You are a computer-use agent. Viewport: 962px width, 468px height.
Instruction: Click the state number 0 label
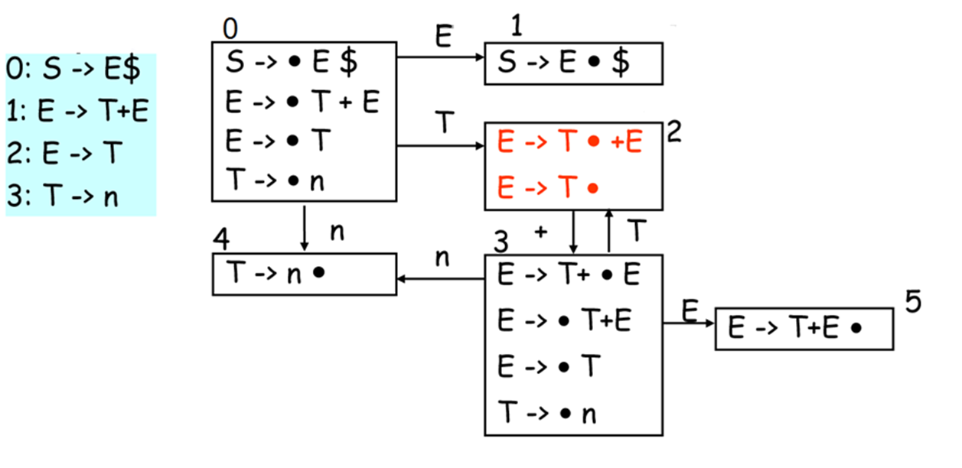point(230,28)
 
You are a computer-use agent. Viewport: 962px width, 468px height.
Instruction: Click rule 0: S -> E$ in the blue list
point(73,71)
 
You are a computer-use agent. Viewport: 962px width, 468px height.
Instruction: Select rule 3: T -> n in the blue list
point(64,197)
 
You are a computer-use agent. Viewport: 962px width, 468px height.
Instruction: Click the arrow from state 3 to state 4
point(441,279)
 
